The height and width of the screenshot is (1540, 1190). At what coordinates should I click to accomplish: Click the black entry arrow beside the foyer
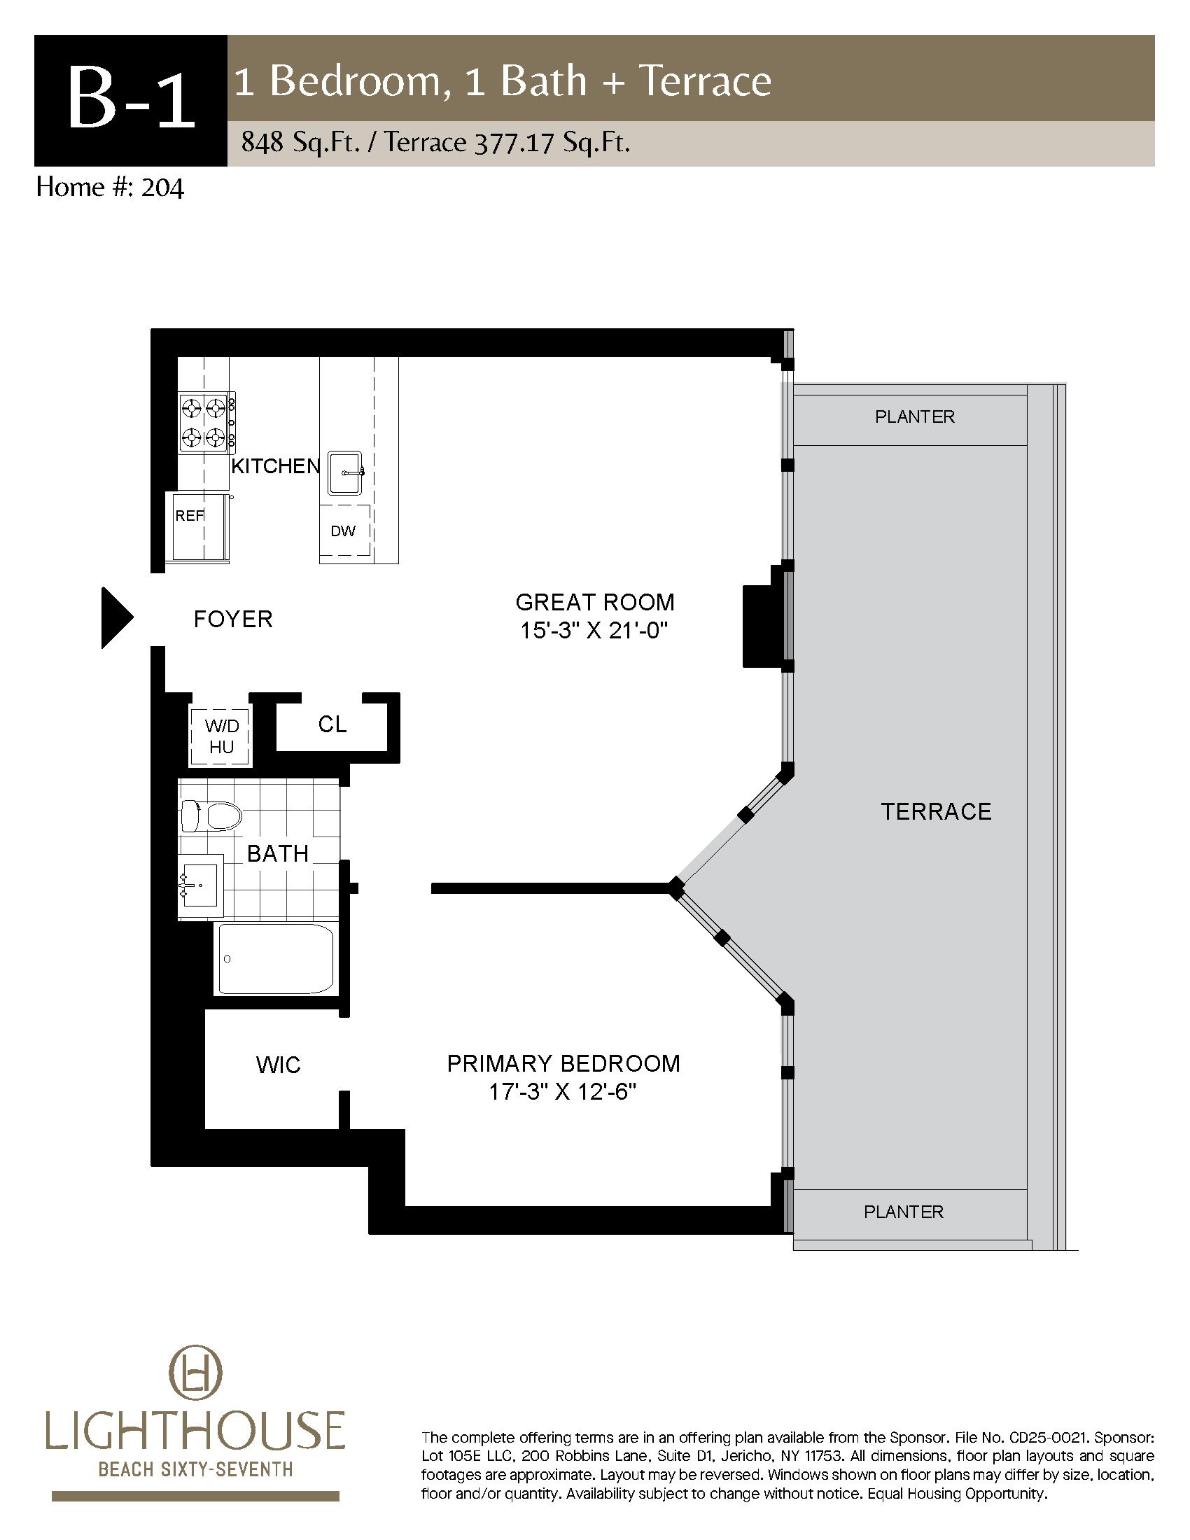[115, 617]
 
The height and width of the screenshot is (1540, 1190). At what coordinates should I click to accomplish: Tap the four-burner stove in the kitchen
[207, 422]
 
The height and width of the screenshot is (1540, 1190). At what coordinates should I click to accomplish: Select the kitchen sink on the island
[344, 473]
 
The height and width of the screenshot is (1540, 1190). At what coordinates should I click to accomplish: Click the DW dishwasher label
[343, 531]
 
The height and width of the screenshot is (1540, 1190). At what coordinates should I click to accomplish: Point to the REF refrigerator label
[189, 515]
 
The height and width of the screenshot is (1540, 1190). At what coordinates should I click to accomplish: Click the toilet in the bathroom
[211, 816]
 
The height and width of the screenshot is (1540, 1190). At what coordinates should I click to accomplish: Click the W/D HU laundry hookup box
[221, 736]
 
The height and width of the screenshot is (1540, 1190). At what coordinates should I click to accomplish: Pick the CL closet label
[332, 724]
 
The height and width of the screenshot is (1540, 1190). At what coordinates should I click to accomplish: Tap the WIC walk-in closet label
[279, 1065]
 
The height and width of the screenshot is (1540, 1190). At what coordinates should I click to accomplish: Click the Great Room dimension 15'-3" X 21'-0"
[594, 631]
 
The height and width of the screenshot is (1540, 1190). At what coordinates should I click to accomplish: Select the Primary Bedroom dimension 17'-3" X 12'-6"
[563, 1092]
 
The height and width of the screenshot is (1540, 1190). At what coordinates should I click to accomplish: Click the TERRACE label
[936, 811]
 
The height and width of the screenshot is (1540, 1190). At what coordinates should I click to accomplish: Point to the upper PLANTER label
[914, 416]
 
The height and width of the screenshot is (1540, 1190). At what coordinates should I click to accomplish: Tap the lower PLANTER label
[904, 1212]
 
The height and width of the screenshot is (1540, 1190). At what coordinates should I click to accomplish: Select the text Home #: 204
[110, 188]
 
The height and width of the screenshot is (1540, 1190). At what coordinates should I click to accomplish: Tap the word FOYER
[233, 619]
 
